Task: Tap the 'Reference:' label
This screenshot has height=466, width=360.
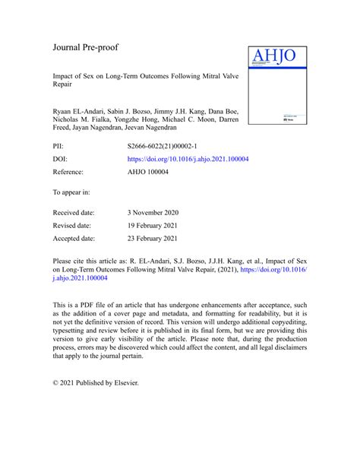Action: coord(69,173)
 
